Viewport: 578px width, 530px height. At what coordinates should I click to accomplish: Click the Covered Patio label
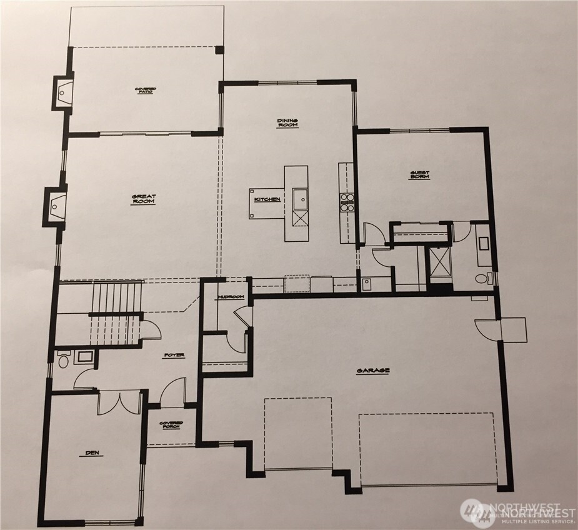point(146,91)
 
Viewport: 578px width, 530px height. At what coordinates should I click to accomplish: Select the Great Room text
point(144,199)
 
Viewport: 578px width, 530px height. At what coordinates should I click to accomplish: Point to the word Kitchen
point(267,199)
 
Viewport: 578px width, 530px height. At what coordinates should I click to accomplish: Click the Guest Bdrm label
point(419,176)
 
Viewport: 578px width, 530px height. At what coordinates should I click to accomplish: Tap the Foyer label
point(174,356)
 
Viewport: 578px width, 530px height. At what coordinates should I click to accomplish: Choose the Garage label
point(373,371)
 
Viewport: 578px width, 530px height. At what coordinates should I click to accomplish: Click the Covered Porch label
point(171,425)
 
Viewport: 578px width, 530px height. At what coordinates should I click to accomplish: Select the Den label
point(94,453)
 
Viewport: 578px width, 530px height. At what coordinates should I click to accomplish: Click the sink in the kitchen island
point(299,199)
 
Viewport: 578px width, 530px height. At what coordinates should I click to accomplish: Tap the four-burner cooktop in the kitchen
point(346,201)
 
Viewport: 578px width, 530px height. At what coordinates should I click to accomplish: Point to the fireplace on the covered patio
point(62,93)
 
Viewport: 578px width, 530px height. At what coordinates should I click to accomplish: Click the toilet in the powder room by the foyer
point(62,360)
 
